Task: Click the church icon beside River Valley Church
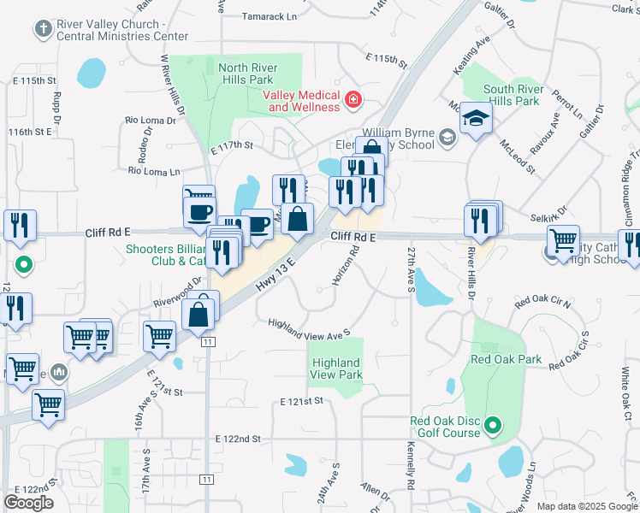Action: [42, 30]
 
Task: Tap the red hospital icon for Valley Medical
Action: [353, 101]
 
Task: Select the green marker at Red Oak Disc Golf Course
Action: [493, 425]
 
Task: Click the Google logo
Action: [28, 503]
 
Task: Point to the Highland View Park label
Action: [336, 369]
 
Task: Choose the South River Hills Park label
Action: [511, 95]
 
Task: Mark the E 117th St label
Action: [232, 145]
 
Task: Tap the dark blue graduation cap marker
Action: [476, 119]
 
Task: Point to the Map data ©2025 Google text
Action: [586, 506]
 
